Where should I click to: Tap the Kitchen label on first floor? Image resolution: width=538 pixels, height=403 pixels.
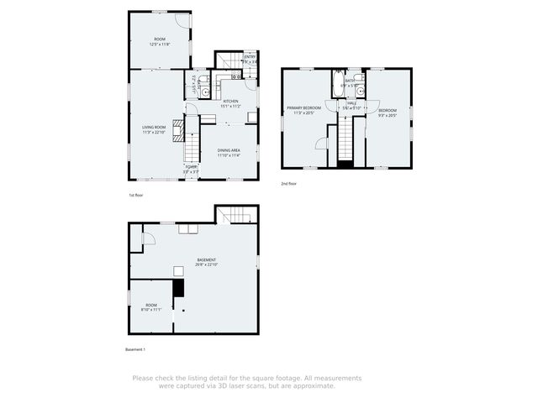click(x=231, y=102)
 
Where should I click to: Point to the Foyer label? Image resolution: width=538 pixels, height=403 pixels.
click(x=192, y=167)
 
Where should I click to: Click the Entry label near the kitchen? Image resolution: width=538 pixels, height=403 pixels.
click(x=249, y=57)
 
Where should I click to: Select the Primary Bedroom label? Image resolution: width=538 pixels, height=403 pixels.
click(x=304, y=108)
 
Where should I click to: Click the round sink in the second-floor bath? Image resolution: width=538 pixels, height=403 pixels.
click(x=358, y=78)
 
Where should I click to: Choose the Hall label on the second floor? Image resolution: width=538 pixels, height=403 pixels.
click(x=351, y=103)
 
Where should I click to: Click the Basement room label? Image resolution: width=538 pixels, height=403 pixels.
click(x=207, y=259)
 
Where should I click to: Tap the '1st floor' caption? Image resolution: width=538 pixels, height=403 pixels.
click(x=137, y=195)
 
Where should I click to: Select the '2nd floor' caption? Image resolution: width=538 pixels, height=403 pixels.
click(x=289, y=183)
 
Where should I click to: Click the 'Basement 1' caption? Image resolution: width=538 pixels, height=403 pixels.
click(x=135, y=348)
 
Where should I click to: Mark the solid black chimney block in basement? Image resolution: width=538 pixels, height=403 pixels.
click(x=177, y=289)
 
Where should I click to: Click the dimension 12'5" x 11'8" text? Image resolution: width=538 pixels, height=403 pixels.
click(x=160, y=44)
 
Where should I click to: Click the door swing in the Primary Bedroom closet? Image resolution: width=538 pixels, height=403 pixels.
click(x=320, y=144)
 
